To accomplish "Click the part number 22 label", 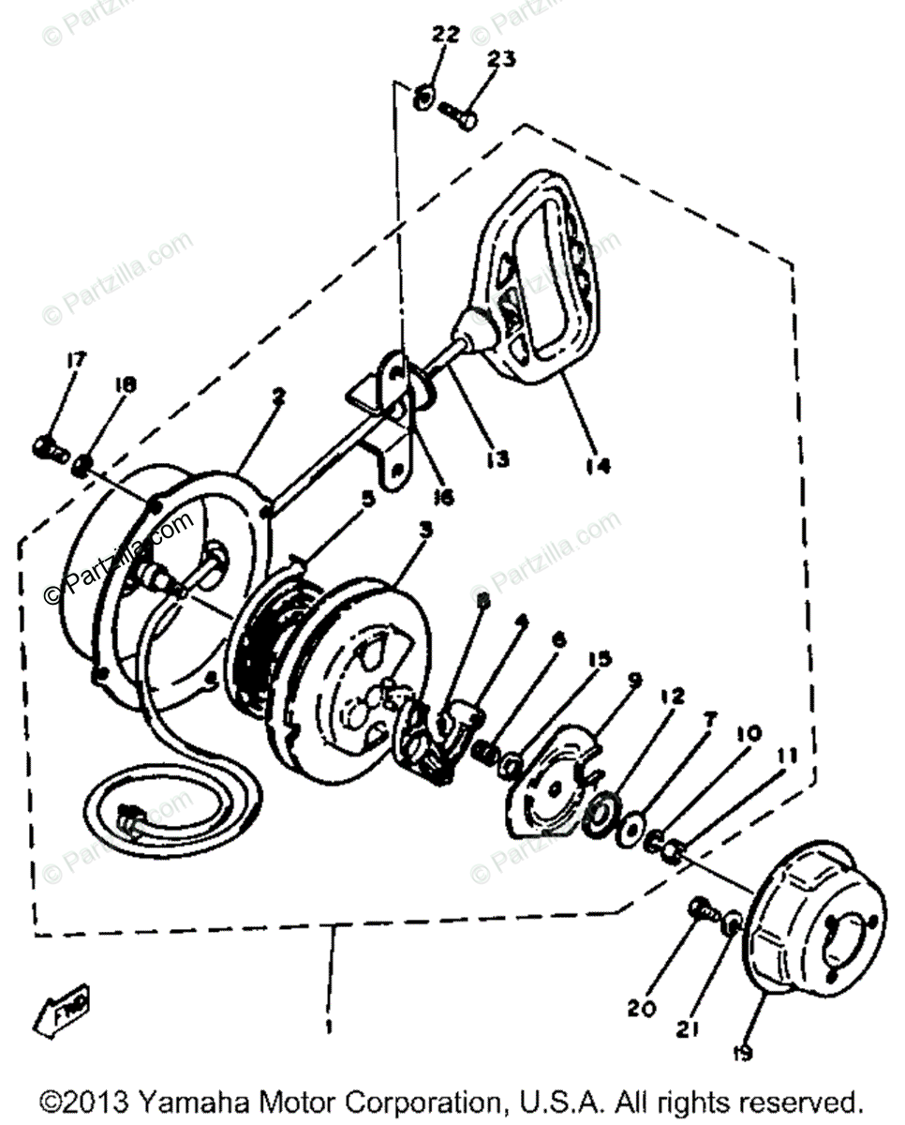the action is (445, 36).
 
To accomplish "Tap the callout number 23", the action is (500, 59).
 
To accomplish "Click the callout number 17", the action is (76, 360).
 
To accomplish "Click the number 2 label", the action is (278, 397).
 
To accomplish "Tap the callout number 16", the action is (443, 496).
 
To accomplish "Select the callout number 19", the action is (743, 1054).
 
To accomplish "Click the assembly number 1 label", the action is (328, 1027).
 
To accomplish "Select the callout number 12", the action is (698, 697).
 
